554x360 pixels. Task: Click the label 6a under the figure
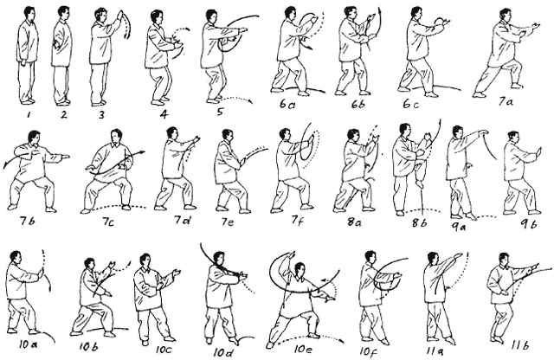click(x=287, y=104)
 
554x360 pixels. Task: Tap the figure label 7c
click(x=107, y=222)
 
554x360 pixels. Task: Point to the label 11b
click(x=519, y=344)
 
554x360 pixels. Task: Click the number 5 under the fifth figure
click(x=219, y=112)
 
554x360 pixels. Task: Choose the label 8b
click(x=419, y=222)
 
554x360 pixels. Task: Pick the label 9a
click(x=459, y=226)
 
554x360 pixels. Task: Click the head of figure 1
click(x=29, y=13)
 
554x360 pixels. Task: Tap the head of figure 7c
click(x=115, y=137)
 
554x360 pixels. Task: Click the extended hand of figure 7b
click(x=65, y=157)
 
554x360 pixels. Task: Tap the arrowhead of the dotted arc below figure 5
click(x=251, y=102)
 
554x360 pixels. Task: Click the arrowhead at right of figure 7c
click(x=142, y=152)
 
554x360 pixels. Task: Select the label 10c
click(x=164, y=350)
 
